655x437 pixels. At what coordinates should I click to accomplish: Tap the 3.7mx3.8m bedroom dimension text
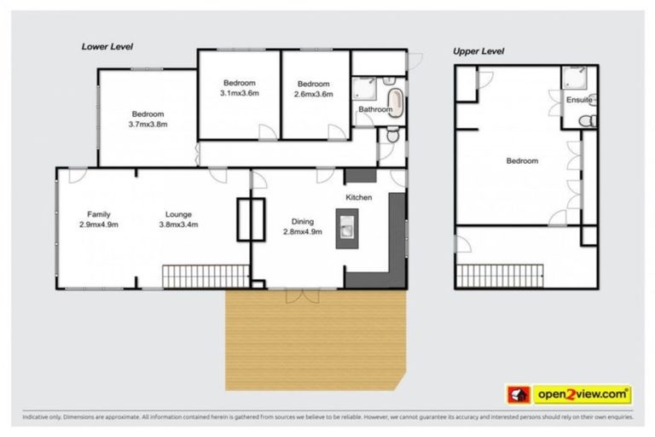click(x=148, y=124)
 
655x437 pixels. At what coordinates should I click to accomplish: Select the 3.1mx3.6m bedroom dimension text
click(x=239, y=92)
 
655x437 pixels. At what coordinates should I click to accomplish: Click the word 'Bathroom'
click(x=374, y=109)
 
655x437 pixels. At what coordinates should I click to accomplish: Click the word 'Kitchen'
click(x=359, y=197)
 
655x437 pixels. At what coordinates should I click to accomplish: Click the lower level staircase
click(x=206, y=276)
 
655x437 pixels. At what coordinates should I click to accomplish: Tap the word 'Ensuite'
click(x=578, y=101)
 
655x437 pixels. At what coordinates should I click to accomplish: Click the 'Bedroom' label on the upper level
click(x=522, y=160)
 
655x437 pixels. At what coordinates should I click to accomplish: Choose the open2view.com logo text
click(x=583, y=394)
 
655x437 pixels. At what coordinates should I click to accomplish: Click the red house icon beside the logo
click(x=518, y=394)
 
